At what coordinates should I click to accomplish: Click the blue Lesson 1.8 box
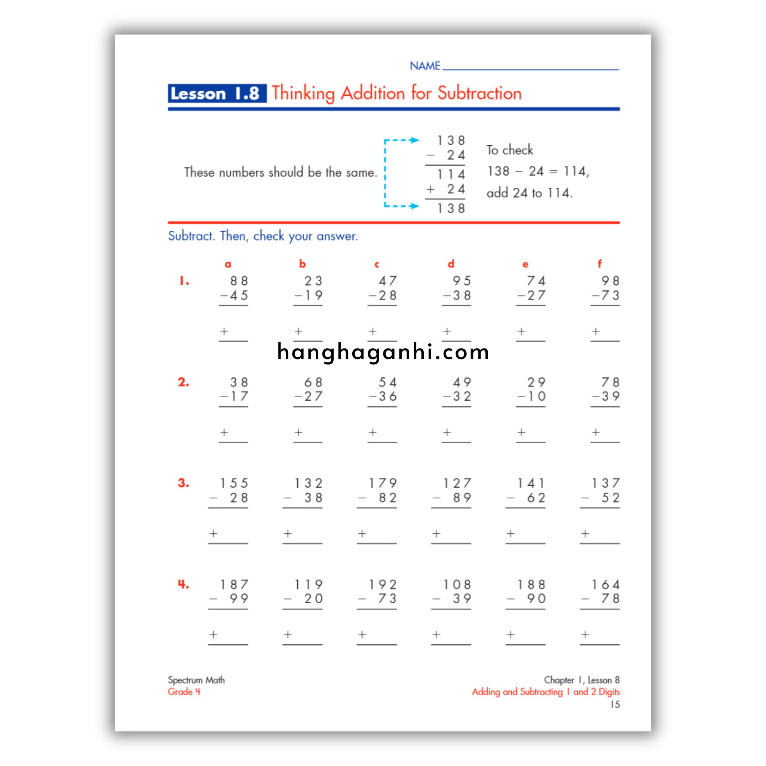click(x=217, y=94)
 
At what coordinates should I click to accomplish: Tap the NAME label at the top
click(x=425, y=66)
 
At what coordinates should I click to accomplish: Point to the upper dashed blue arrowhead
click(x=414, y=140)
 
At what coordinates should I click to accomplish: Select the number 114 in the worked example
click(x=451, y=174)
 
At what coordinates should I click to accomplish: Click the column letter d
click(x=451, y=264)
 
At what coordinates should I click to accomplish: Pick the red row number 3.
click(x=183, y=483)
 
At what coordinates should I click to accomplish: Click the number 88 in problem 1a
click(x=239, y=281)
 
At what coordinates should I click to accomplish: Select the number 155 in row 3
click(x=234, y=483)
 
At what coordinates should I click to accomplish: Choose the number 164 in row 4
click(x=606, y=585)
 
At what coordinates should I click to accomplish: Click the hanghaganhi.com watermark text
click(x=383, y=352)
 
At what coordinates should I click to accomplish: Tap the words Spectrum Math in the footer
click(x=196, y=680)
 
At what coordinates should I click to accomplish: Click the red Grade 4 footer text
click(x=184, y=692)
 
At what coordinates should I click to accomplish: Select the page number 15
click(x=615, y=705)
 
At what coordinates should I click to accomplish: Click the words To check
click(x=509, y=150)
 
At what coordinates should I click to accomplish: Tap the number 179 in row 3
click(x=383, y=483)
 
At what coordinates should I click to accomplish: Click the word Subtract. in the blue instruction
click(x=191, y=236)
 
